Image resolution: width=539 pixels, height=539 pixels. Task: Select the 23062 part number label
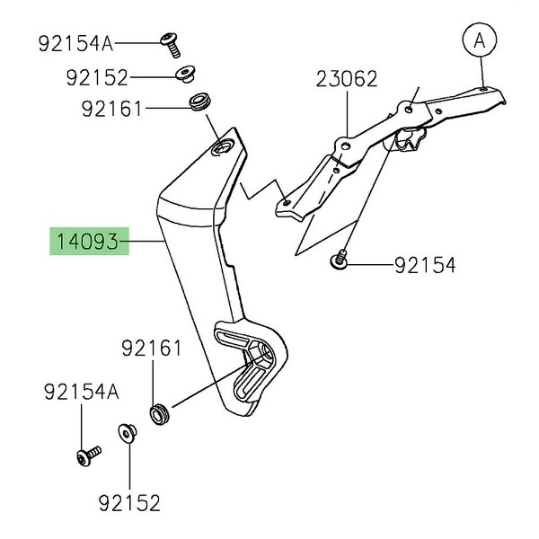(346, 78)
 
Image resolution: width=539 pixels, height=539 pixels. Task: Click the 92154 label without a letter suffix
(424, 265)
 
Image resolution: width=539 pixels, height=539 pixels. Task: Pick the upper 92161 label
(111, 110)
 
